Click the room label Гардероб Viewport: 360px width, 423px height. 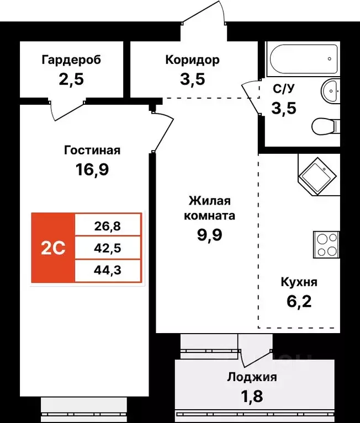coord(71,60)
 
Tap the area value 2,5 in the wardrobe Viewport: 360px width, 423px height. coord(71,79)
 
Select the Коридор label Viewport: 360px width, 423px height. coord(192,60)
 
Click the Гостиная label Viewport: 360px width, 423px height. coord(92,150)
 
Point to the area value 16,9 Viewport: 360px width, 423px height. coord(92,169)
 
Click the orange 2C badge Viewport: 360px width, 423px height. coord(53,248)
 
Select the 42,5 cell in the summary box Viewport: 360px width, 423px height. coord(108,248)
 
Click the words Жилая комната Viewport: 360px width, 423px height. coord(211,208)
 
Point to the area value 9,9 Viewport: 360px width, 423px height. coord(211,235)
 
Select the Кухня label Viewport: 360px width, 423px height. coord(298,282)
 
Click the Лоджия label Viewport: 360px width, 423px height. coord(252,378)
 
